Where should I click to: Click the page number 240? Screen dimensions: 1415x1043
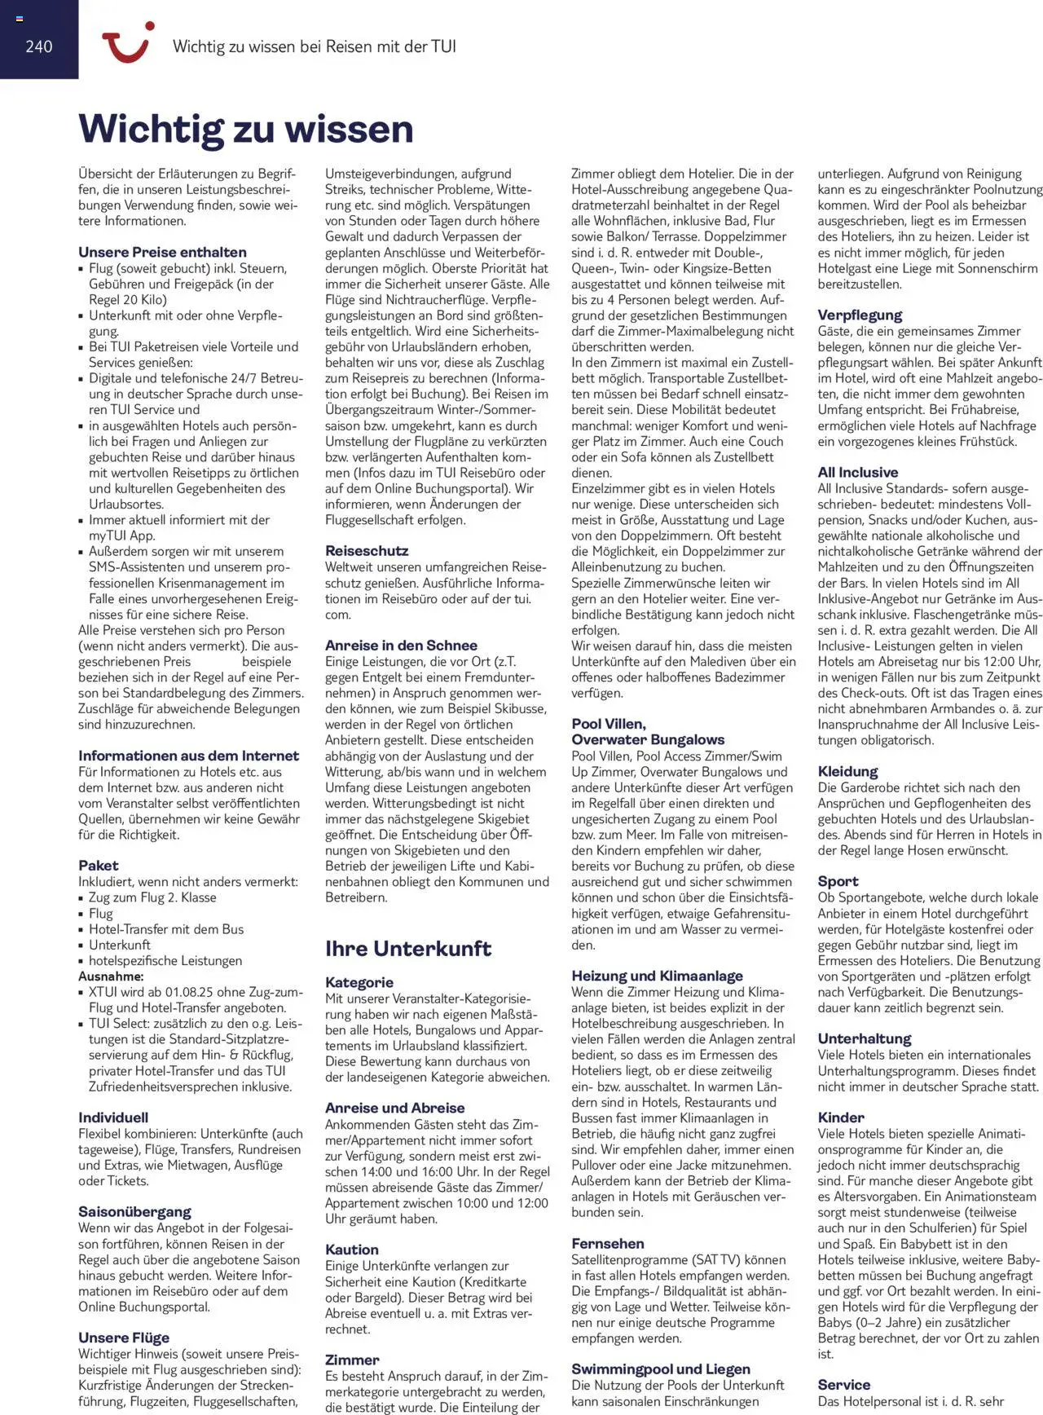38,46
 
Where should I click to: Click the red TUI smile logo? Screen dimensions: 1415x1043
127,42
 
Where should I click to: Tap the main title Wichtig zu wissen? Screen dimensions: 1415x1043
246,129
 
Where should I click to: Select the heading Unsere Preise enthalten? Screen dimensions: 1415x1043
162,252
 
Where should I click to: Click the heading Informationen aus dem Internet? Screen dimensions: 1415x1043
188,756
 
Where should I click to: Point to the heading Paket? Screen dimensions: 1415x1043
98,866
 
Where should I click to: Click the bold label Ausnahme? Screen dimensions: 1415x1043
111,976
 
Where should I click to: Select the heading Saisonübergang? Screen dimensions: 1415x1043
134,1212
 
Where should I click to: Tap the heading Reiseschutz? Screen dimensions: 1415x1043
367,551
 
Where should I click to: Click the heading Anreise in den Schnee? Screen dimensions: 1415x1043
401,646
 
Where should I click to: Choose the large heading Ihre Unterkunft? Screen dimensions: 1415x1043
407,949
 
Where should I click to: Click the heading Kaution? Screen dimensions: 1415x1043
352,1250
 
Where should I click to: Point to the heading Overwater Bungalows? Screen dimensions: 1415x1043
648,740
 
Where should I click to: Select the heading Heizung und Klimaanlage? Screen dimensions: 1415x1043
657,976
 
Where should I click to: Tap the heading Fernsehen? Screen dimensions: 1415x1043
607,1244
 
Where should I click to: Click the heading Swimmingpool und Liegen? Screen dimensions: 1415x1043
661,1369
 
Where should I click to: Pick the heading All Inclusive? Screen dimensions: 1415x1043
857,473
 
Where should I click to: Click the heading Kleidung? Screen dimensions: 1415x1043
847,772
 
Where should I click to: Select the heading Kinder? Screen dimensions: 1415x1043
841,1117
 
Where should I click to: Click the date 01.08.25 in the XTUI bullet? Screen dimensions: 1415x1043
191,992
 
